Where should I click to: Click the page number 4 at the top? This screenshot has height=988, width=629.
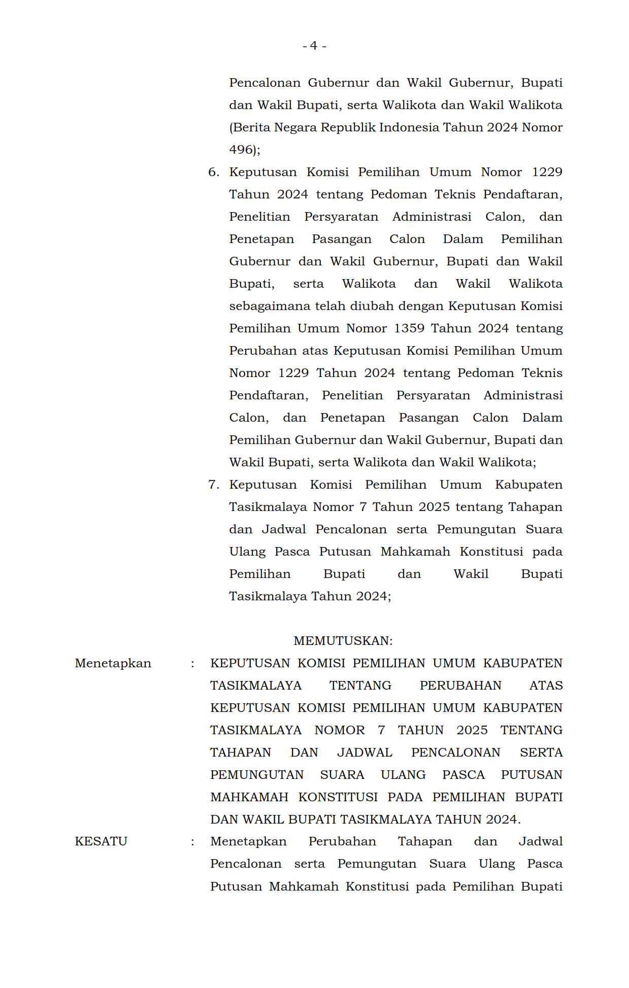coord(314,46)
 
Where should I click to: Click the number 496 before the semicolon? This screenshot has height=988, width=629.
coord(241,150)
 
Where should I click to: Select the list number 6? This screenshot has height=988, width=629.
coord(213,172)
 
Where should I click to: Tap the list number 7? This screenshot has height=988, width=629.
coord(213,485)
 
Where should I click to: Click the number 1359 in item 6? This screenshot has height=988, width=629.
coord(409,328)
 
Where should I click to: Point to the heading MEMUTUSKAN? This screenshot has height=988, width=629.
coord(343,641)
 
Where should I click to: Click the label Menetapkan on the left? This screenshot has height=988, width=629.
coord(113,663)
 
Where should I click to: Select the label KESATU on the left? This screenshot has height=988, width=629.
coord(101,841)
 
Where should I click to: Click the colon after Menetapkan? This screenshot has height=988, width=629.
coord(192,664)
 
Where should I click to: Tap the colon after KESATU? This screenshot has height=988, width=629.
coord(192,842)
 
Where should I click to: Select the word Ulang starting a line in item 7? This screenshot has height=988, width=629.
coord(247,552)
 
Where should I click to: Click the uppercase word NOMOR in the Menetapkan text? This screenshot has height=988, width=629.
coord(339,730)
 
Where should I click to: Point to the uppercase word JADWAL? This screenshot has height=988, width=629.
coord(365,753)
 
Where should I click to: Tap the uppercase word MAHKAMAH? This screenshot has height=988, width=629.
coord(249,797)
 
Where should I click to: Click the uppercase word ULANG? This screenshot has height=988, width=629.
coord(403,775)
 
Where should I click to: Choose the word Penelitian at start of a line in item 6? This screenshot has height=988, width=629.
coord(259,217)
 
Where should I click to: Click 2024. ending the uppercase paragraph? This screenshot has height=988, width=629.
coord(503,820)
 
